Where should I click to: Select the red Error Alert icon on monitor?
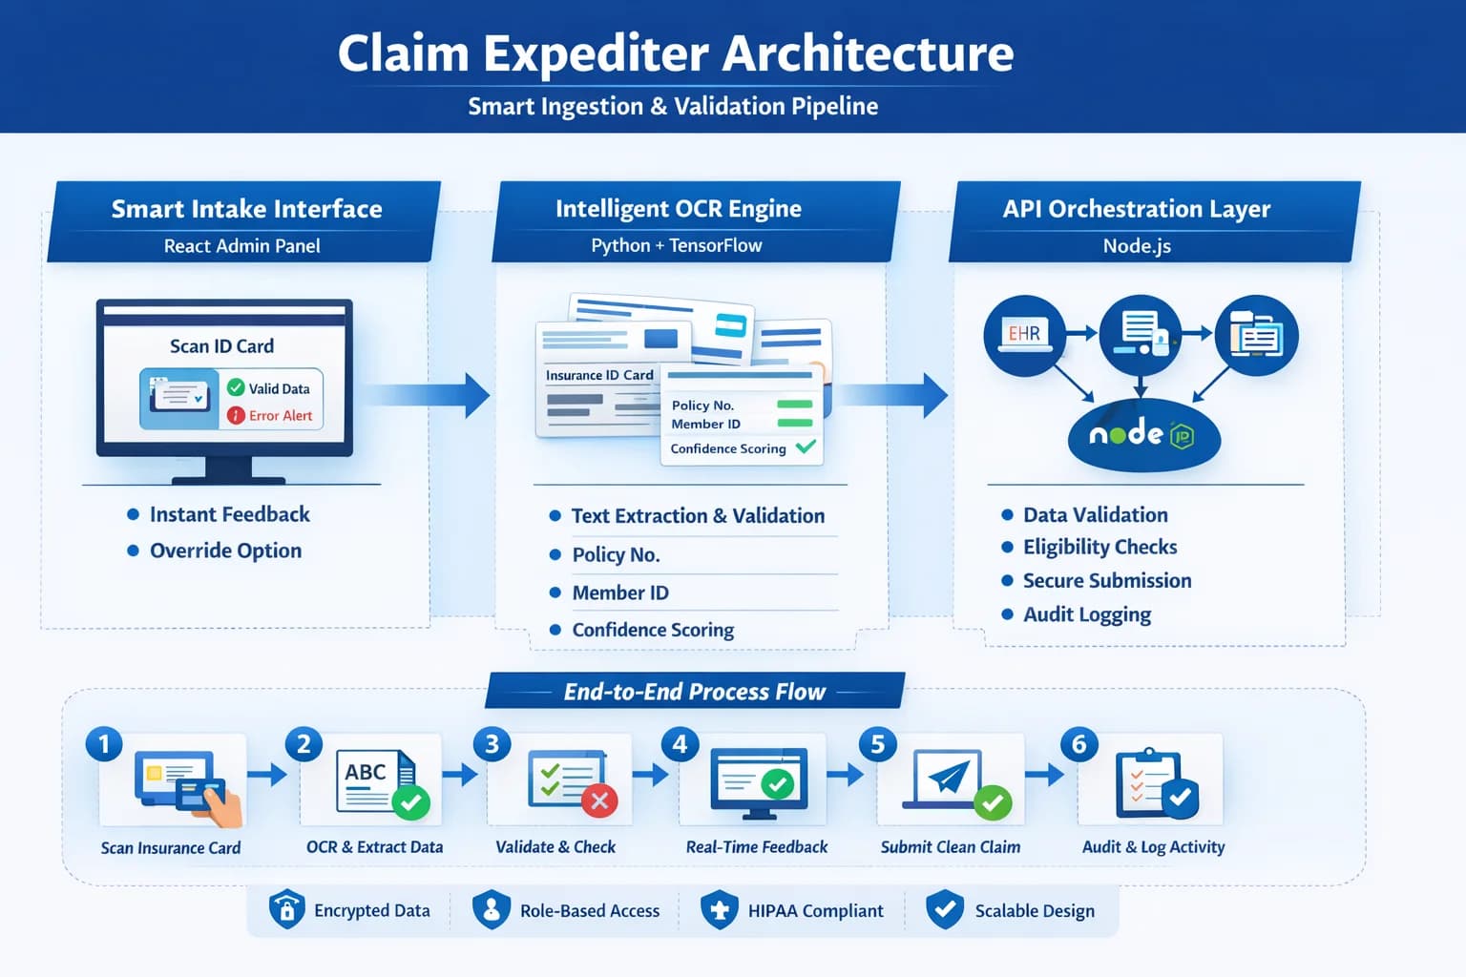[x=236, y=416]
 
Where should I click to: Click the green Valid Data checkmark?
[x=236, y=387]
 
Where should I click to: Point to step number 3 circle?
[x=492, y=744]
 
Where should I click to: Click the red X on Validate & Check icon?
[x=599, y=800]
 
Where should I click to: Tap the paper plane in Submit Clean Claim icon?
[x=949, y=777]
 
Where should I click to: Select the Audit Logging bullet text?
[x=1086, y=614]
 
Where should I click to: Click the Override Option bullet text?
[x=225, y=551]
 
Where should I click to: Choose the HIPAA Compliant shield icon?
[x=719, y=910]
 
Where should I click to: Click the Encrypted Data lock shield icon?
[x=286, y=910]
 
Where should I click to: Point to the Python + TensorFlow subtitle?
[x=676, y=245]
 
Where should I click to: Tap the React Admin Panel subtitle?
[x=241, y=245]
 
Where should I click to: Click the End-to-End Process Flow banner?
[x=694, y=692]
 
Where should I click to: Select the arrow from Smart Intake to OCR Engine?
[x=429, y=395]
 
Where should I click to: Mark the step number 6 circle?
[x=1079, y=744]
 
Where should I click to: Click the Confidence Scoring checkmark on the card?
[x=806, y=447]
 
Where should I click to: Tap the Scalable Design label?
[x=1034, y=911]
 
